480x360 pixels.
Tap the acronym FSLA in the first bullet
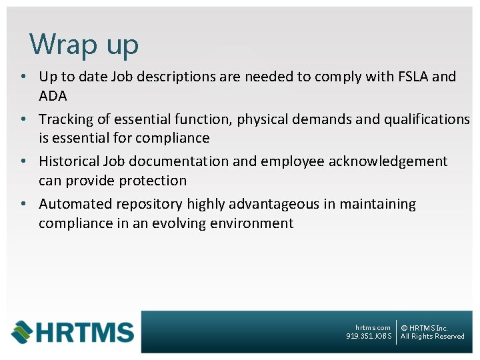pyautogui.click(x=411, y=77)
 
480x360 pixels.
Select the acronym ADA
pyautogui.click(x=53, y=96)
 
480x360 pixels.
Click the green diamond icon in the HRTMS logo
pyautogui.click(x=21, y=331)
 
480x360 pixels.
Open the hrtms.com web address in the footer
pyautogui.click(x=373, y=327)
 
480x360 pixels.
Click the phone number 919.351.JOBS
pyautogui.click(x=369, y=337)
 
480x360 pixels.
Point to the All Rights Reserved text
pyautogui.click(x=432, y=337)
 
